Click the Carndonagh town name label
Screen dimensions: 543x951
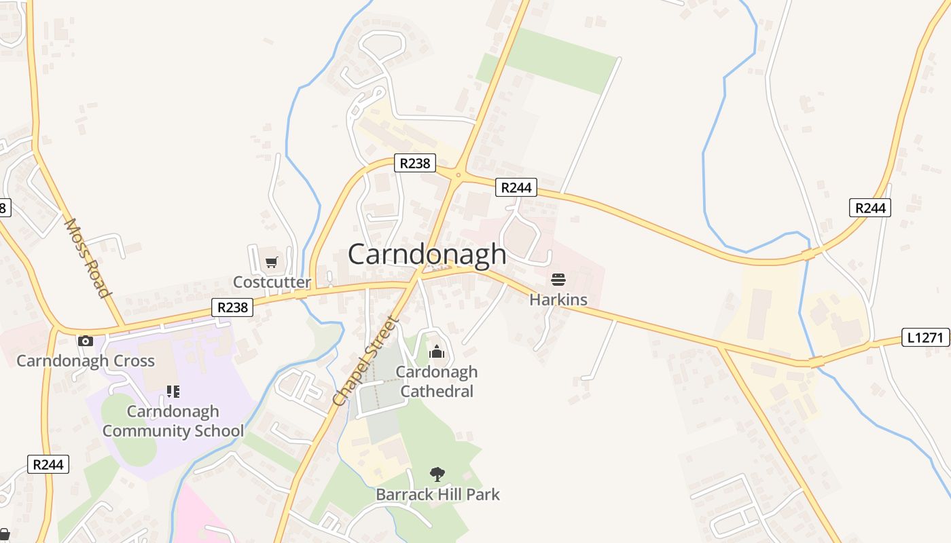click(x=427, y=254)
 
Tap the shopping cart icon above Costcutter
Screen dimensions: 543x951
click(x=271, y=262)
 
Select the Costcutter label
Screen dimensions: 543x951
click(x=272, y=282)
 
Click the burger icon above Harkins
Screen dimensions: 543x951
click(x=558, y=279)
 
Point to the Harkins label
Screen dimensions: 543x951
click(x=558, y=299)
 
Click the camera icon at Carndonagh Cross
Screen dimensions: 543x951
click(x=85, y=341)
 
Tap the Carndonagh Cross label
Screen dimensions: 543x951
click(x=86, y=360)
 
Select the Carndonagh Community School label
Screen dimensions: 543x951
click(x=173, y=421)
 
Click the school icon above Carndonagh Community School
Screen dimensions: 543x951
click(x=173, y=392)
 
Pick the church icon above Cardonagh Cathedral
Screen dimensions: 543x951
click(x=436, y=352)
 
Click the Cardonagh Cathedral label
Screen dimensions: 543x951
click(x=437, y=381)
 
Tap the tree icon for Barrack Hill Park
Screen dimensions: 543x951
click(x=437, y=474)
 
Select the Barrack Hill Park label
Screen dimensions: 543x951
click(x=437, y=494)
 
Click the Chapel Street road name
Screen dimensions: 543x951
click(x=365, y=361)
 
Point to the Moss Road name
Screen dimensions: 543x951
click(x=87, y=257)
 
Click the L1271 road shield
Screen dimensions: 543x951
click(x=925, y=337)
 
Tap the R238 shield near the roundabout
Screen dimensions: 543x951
click(x=414, y=163)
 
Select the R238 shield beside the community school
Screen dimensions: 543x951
click(x=232, y=307)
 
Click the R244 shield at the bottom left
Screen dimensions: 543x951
click(x=48, y=464)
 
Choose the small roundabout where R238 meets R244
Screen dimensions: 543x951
click(x=459, y=175)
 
